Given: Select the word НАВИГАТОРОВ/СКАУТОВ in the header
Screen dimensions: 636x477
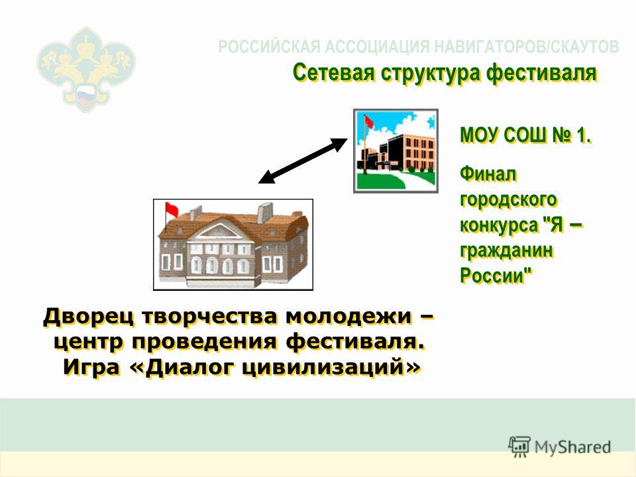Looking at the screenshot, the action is pyautogui.click(x=527, y=47).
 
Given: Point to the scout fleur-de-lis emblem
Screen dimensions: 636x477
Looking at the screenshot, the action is pyautogui.click(x=86, y=69).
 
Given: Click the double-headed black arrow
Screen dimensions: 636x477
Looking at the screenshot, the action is pyautogui.click(x=303, y=161).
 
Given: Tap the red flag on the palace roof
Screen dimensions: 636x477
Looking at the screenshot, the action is pyautogui.click(x=172, y=209).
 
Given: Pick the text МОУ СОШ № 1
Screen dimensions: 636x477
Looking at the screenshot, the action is pyautogui.click(x=525, y=135).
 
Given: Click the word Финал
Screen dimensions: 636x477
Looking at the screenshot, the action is pyautogui.click(x=488, y=174).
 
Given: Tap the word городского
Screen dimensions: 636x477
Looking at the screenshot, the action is pyautogui.click(x=509, y=200).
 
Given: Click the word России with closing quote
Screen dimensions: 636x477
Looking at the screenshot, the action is pyautogui.click(x=496, y=276).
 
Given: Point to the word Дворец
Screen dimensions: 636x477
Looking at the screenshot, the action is pyautogui.click(x=88, y=317).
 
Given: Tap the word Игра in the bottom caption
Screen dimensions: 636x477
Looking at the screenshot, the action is pyautogui.click(x=91, y=368).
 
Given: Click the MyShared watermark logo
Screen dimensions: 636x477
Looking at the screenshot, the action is pyautogui.click(x=560, y=447).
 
